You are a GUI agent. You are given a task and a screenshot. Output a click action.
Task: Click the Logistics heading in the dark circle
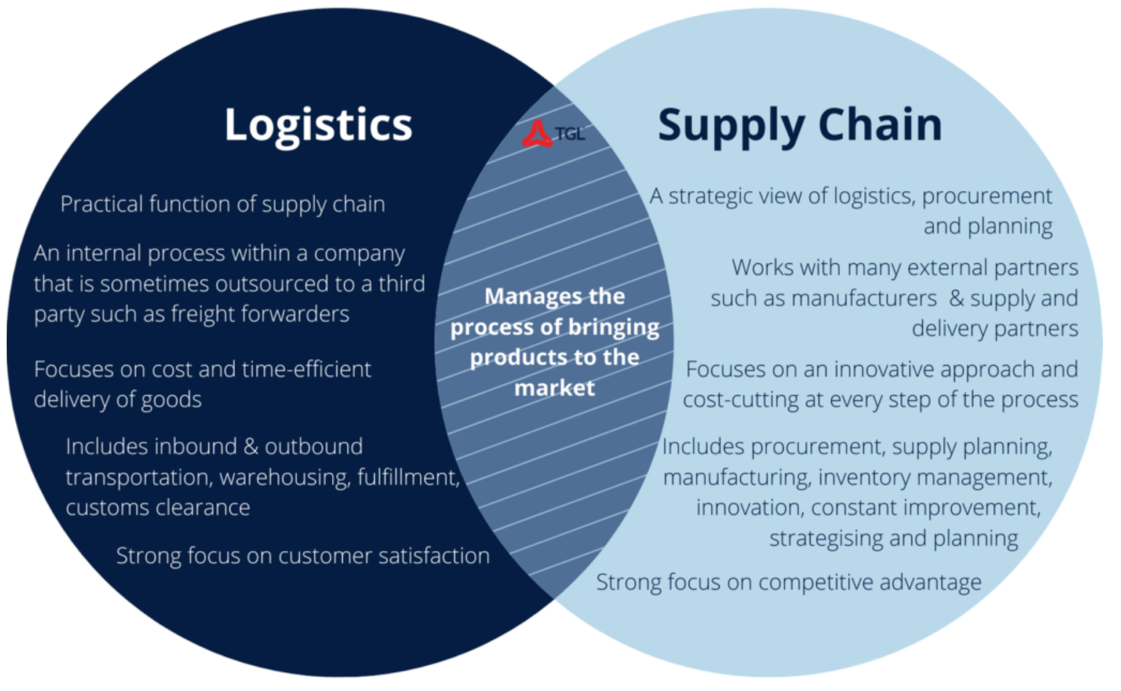[x=318, y=125]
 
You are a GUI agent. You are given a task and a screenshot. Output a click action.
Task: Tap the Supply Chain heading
[x=800, y=125]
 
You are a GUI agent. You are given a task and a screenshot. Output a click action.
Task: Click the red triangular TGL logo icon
[x=537, y=134]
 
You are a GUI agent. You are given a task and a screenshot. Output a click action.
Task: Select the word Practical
[x=101, y=204]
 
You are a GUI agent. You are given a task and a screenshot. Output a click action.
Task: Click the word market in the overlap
[x=554, y=388]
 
